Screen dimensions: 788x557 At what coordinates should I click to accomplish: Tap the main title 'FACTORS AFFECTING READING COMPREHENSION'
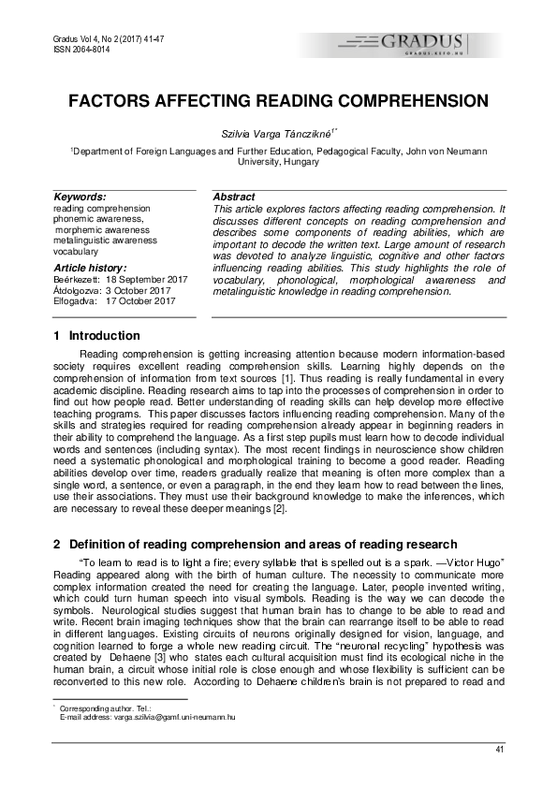pos(277,101)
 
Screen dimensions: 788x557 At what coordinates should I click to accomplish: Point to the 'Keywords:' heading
pos(80,197)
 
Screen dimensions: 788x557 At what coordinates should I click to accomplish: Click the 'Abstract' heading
pos(234,197)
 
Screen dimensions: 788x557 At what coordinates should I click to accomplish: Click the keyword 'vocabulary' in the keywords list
pos(76,252)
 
